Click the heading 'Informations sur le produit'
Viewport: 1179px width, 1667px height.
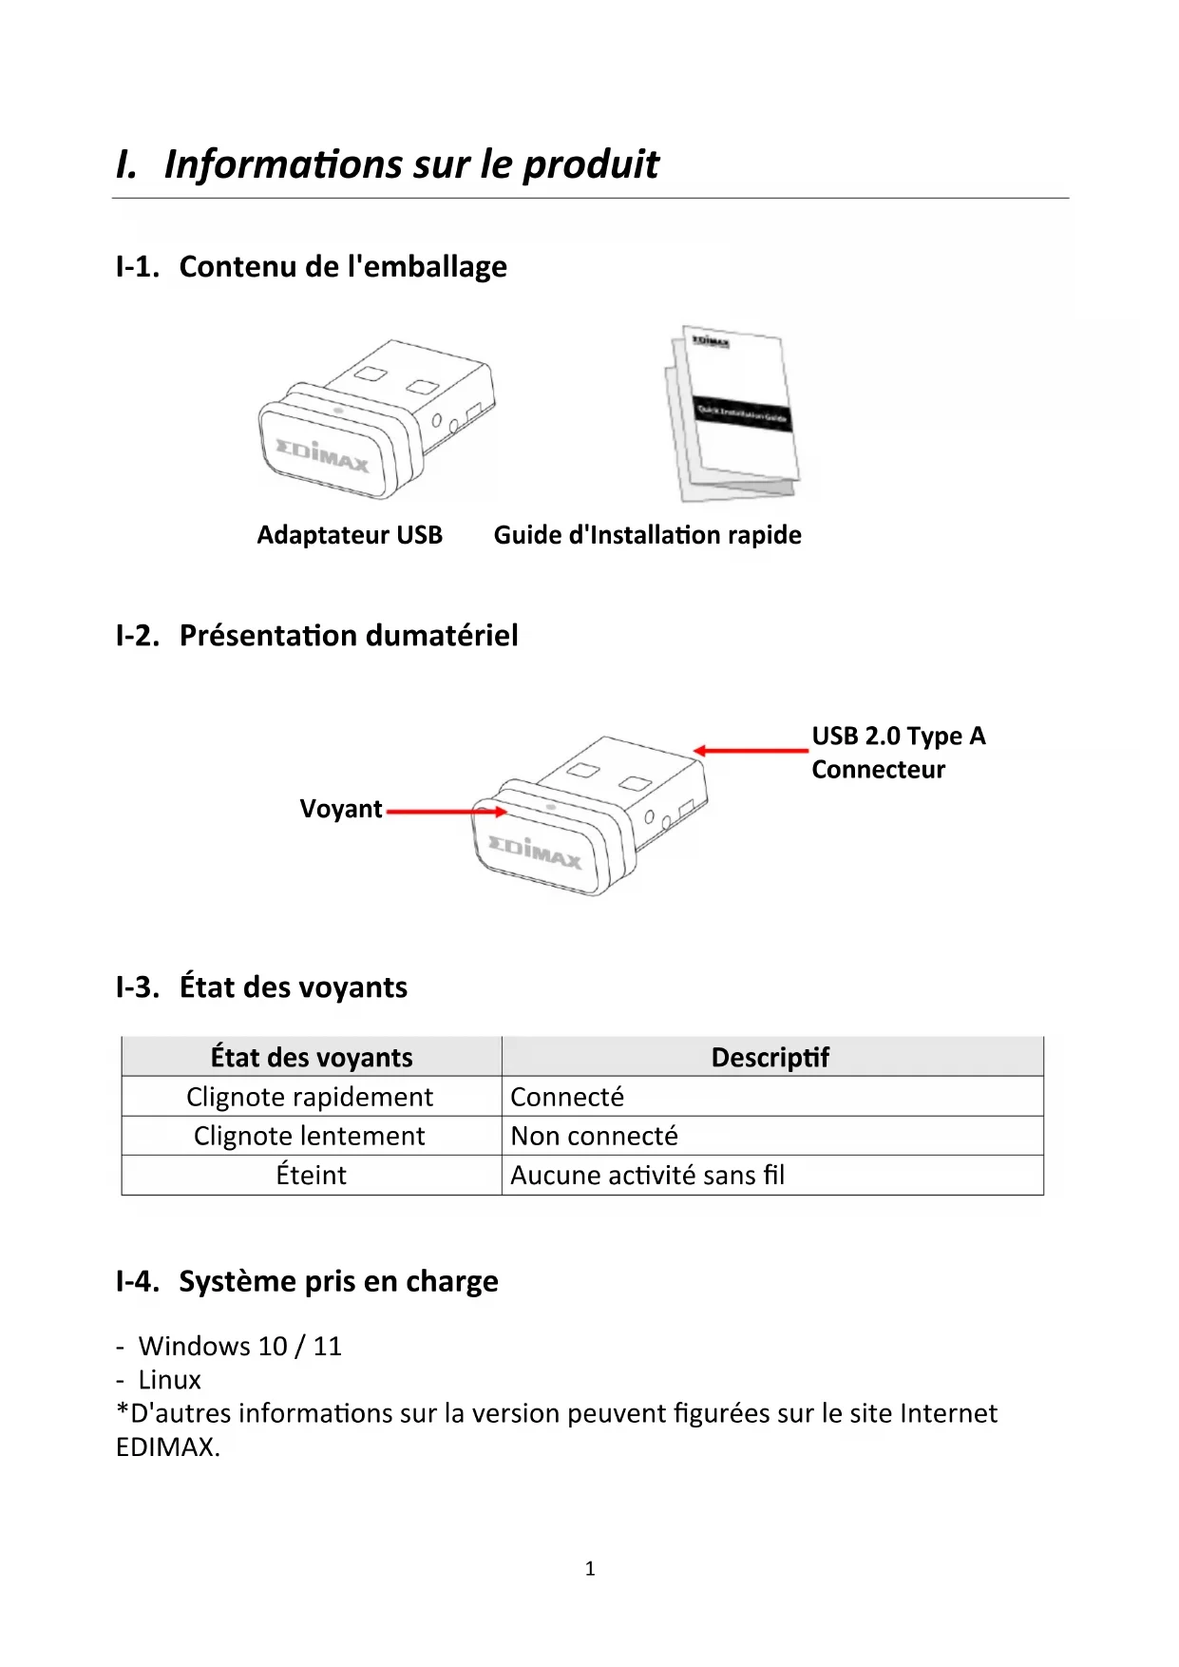click(410, 164)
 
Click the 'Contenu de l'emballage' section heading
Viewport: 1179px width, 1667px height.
click(342, 267)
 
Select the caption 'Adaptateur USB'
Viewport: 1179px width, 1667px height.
click(350, 535)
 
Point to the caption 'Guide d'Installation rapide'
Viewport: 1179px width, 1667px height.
click(647, 535)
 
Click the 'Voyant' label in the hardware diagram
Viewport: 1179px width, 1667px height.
click(341, 809)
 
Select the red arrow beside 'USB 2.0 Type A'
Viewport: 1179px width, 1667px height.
click(751, 751)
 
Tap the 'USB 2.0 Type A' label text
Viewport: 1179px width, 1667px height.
click(898, 737)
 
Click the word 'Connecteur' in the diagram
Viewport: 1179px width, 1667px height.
click(878, 770)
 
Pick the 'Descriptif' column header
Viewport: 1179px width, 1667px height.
click(770, 1058)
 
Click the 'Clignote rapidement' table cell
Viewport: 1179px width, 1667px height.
click(310, 1097)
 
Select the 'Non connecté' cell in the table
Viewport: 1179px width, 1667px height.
click(595, 1136)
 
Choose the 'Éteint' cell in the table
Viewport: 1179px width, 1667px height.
click(311, 1176)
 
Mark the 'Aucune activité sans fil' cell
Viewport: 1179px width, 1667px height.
click(648, 1176)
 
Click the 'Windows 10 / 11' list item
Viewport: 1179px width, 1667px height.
click(239, 1347)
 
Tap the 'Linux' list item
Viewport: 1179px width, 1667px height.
click(169, 1380)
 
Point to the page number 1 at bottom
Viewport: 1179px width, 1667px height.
click(590, 1569)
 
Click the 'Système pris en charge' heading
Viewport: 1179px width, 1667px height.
click(338, 1282)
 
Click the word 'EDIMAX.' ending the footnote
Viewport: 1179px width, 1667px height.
click(168, 1447)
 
